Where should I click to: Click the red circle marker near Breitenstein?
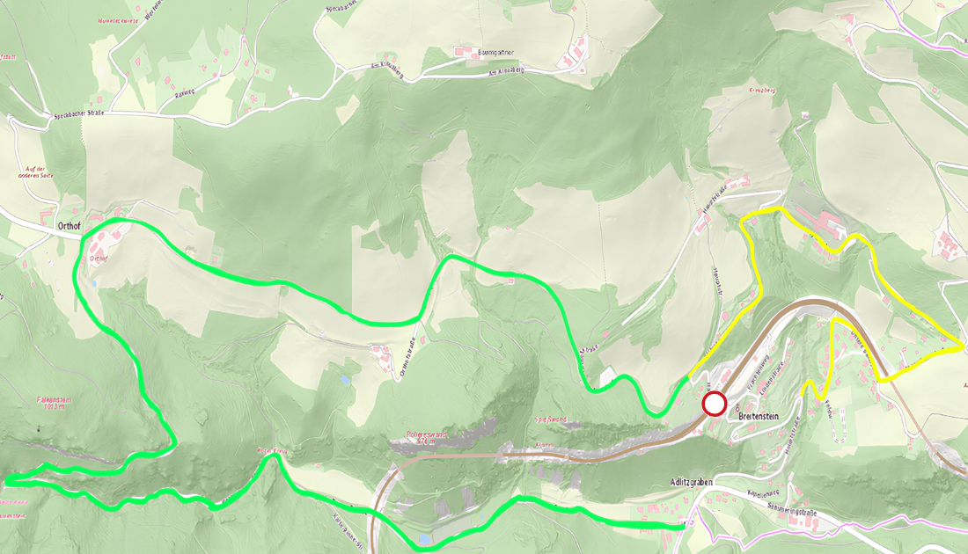(x=715, y=405)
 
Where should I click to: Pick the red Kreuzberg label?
(x=761, y=91)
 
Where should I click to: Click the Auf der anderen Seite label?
(x=35, y=171)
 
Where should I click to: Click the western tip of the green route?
(x=7, y=480)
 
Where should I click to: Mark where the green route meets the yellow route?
(x=686, y=378)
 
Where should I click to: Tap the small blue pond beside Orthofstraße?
(x=344, y=380)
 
